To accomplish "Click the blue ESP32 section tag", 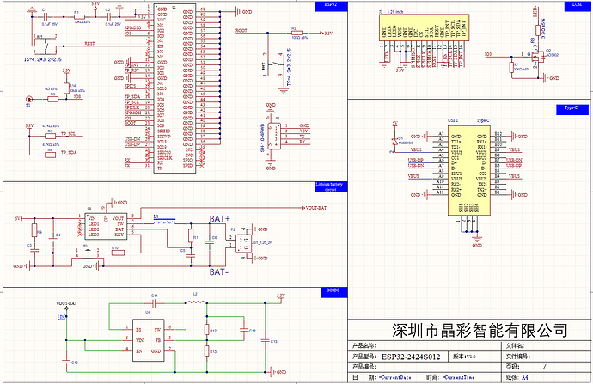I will click(330, 5).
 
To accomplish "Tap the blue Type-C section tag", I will click(570, 108).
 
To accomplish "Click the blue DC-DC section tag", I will click(329, 290).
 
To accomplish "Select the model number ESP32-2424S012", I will click(410, 356).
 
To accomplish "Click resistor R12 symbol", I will click(205, 330).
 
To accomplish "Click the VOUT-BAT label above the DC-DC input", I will click(66, 304).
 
